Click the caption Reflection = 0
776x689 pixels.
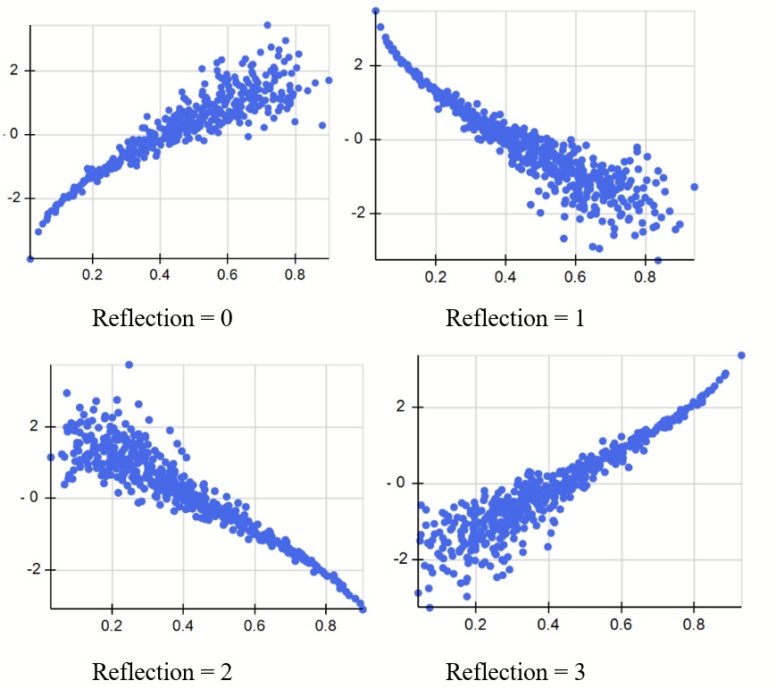pos(162,318)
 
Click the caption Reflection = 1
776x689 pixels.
pos(515,318)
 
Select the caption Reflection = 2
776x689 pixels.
pos(162,670)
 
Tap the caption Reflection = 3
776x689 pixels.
pos(515,670)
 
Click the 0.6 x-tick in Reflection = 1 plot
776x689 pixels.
pos(575,277)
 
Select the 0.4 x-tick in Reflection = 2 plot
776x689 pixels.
pos(183,626)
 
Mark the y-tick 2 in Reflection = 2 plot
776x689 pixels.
pos(33,426)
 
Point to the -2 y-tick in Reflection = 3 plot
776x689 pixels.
pos(403,559)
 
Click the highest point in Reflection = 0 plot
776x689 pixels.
pos(267,25)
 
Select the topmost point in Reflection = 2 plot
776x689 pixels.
pos(129,365)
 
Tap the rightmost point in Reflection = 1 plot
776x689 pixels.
pos(694,187)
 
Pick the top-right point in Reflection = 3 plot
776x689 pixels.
pos(742,355)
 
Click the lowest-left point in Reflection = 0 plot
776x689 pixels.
pos(30,259)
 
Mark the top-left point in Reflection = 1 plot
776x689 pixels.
pos(376,11)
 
